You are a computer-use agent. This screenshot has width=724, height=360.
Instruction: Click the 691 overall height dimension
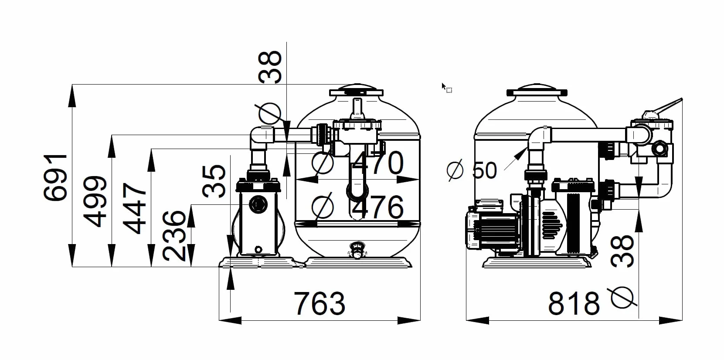tap(56, 177)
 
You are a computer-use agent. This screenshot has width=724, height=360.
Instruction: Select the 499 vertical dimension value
tap(95, 201)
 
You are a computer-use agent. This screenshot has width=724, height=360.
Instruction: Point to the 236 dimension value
tap(174, 236)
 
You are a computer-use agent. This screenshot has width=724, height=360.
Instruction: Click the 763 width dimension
tap(320, 303)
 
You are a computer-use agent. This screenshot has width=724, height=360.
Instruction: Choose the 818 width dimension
tap(574, 303)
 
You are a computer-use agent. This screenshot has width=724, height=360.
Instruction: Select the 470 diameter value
tap(377, 163)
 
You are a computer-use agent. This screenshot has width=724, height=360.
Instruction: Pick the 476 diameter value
tap(377, 207)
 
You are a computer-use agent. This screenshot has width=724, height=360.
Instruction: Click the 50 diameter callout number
tap(484, 170)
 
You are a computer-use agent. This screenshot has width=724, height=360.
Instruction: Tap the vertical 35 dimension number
tap(214, 181)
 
